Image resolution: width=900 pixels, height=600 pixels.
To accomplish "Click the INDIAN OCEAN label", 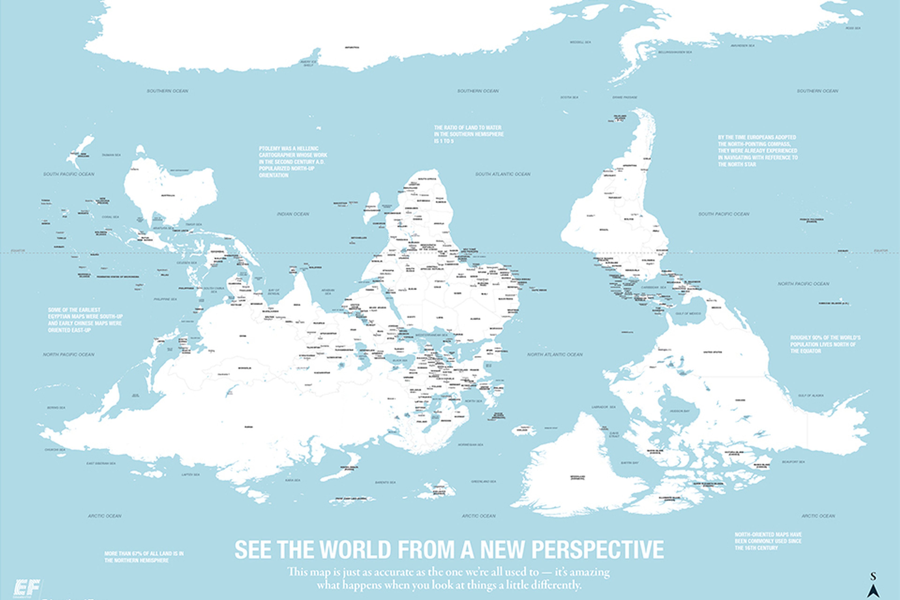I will click(293, 214).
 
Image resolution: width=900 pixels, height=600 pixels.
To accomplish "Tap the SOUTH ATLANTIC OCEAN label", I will click(502, 174).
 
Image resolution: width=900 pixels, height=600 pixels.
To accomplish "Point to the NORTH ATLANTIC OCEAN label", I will click(555, 354).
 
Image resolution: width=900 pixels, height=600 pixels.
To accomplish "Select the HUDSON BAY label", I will click(679, 411).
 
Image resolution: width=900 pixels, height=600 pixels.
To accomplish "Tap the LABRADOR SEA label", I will click(604, 407).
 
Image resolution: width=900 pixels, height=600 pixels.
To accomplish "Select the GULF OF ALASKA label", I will click(810, 395).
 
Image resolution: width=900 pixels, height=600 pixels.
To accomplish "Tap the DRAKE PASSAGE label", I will click(624, 97).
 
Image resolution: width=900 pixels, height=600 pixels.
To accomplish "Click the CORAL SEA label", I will click(110, 217).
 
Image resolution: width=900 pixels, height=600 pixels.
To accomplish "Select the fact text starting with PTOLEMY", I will click(293, 161).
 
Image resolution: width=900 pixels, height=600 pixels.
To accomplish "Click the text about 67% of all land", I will click(144, 557).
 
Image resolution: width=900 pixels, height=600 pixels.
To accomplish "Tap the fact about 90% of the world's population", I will click(825, 344).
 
